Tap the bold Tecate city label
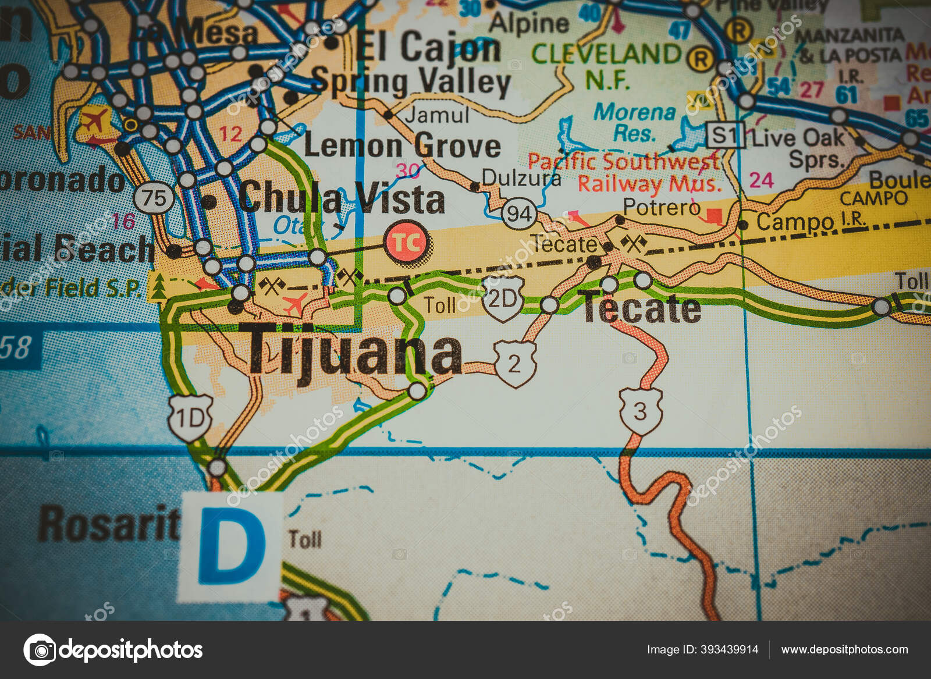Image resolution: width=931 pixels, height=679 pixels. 642,308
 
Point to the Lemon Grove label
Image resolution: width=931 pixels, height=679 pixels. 402,145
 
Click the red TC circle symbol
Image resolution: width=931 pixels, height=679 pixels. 407,242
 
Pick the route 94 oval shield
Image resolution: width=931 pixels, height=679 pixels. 518,214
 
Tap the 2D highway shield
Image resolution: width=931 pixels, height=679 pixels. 503,299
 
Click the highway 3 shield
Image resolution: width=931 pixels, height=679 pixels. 640,411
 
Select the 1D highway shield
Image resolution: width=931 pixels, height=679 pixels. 190,417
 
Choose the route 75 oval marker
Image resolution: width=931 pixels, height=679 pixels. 154,198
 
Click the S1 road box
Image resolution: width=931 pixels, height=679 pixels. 725,136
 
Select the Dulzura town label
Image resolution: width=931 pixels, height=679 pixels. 521,177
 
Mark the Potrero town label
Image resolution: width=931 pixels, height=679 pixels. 661,207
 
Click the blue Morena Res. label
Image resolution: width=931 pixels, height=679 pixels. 634,122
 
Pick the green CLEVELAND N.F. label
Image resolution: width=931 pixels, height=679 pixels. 607,65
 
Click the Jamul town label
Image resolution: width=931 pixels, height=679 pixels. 437,115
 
